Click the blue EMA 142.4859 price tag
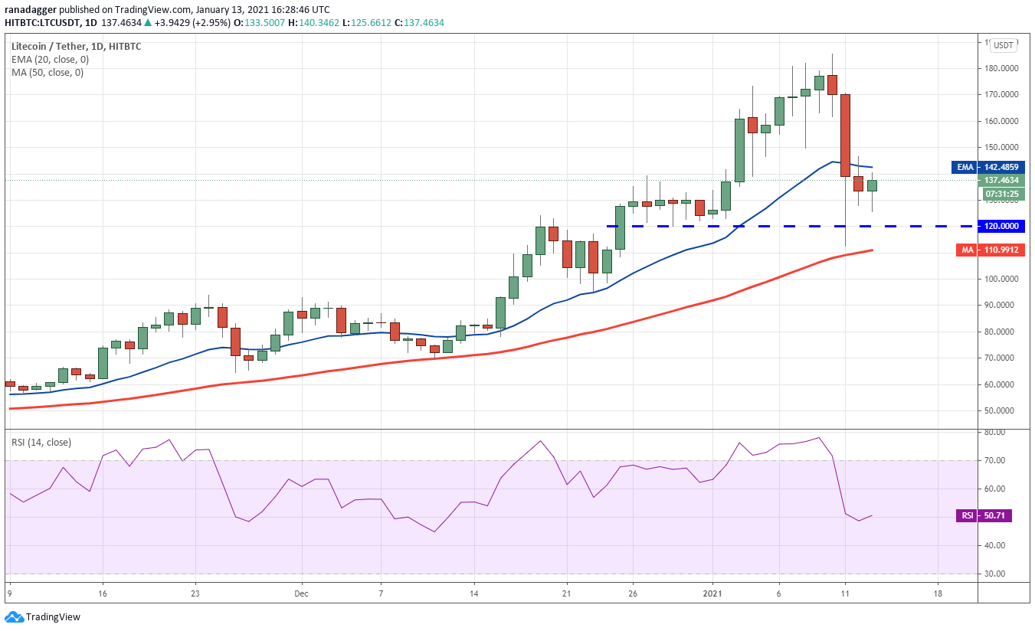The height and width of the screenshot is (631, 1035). click(x=988, y=167)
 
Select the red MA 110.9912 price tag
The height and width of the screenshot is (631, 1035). click(x=990, y=250)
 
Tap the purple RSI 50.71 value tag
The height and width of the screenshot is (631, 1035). click(x=984, y=515)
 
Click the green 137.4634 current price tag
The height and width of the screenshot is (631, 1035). click(x=1001, y=180)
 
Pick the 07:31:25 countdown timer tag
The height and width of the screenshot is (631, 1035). click(x=1001, y=194)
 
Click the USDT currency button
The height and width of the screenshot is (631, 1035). click(x=1003, y=45)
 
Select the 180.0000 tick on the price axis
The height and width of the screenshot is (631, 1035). click(x=1001, y=68)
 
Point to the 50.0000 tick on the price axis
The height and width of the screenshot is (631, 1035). click(x=1001, y=410)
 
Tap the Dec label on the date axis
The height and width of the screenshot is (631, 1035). click(x=301, y=593)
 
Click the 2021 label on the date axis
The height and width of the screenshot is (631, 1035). click(x=712, y=593)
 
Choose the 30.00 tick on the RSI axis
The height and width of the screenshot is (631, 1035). click(x=995, y=574)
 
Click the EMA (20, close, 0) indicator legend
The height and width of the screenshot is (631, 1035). click(x=50, y=60)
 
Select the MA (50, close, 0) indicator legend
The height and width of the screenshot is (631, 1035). click(x=47, y=73)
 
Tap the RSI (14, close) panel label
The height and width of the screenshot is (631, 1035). click(x=41, y=443)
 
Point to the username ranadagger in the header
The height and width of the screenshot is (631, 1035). click(x=31, y=10)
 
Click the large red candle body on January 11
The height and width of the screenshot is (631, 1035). click(x=845, y=136)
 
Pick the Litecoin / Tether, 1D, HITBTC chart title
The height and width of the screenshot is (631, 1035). click(x=77, y=46)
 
